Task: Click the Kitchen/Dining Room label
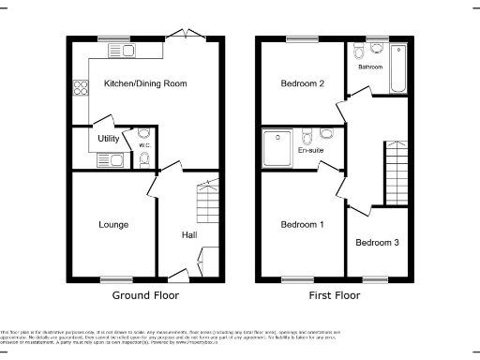coord(145,84)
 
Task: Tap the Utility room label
coord(109,139)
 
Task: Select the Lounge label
coord(113,225)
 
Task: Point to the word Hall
coord(189,234)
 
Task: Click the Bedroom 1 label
coord(302,225)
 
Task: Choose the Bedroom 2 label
coord(302,84)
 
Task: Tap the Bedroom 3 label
coord(377,243)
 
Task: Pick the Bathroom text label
coord(371,67)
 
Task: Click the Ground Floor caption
coord(145,295)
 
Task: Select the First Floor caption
coord(335,295)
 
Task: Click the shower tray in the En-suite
coord(279,145)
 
